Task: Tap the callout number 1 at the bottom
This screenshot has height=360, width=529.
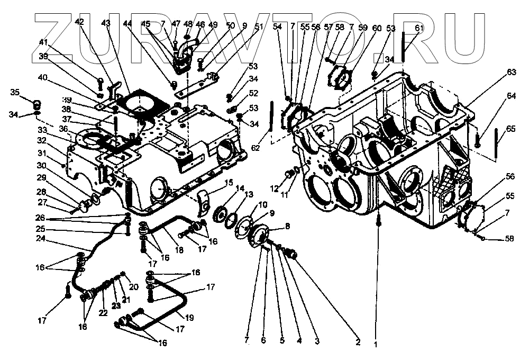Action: pos(376,344)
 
